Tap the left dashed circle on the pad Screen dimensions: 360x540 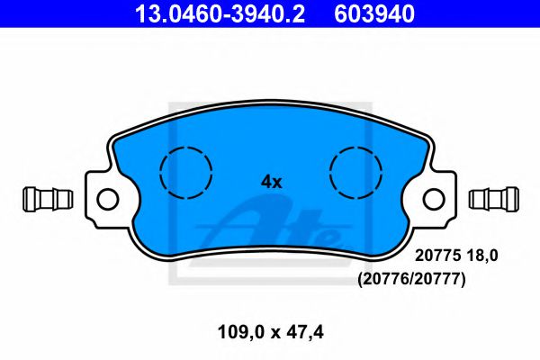tap(184, 171)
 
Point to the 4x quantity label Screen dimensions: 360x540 tap(271, 182)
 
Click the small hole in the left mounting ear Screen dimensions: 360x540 tap(107, 198)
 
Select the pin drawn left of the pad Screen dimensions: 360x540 tap(46, 196)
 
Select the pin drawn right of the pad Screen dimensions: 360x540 tap(495, 196)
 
